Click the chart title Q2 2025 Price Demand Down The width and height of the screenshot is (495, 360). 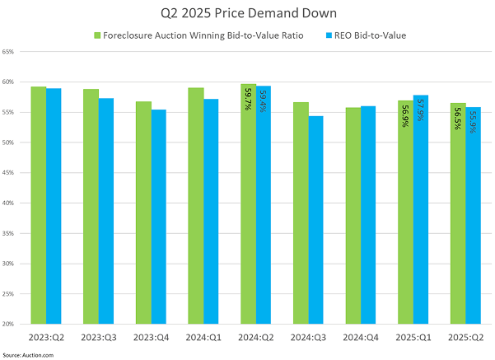point(247,14)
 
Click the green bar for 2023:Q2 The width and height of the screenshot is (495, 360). point(39,206)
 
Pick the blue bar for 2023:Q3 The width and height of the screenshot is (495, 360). point(106,211)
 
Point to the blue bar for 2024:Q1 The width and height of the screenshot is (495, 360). point(211,211)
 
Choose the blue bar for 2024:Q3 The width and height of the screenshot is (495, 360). point(315,219)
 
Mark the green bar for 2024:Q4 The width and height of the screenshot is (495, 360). point(353,215)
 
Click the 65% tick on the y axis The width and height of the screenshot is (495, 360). point(8,52)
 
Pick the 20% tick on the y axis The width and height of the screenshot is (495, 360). point(8,324)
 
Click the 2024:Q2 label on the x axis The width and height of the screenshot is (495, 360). point(255,336)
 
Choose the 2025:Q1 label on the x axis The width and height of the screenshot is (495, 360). point(413,336)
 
